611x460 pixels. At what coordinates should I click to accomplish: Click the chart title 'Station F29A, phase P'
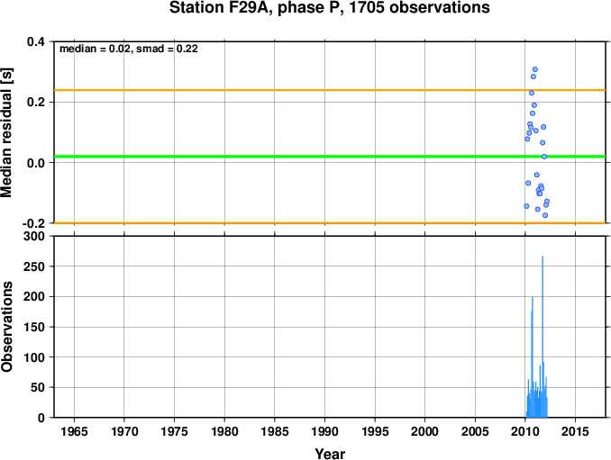pos(256,7)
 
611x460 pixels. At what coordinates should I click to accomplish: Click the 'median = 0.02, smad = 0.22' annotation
pos(129,49)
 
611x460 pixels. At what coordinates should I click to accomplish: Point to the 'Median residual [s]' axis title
pos(6,132)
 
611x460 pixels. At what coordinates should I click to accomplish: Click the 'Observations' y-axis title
pos(6,327)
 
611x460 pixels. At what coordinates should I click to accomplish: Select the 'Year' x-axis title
pos(330,454)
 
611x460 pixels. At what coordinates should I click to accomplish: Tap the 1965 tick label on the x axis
pos(74,431)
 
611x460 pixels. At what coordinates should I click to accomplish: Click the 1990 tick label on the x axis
pos(324,431)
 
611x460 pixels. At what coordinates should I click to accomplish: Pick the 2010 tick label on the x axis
pos(524,431)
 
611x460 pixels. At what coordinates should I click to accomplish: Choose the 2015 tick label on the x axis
pos(575,431)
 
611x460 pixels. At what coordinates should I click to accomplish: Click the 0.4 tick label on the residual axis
pos(36,41)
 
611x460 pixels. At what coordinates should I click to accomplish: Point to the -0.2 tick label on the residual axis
pos(33,223)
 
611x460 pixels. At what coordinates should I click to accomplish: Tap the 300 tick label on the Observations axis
pos(34,236)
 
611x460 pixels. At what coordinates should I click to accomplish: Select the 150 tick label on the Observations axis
pos(34,327)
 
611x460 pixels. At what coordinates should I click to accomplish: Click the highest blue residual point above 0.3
pos(535,69)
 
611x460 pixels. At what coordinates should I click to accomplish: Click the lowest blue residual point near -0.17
pos(545,215)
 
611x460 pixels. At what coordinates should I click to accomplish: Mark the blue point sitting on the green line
pos(544,157)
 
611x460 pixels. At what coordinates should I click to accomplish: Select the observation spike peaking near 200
pos(533,357)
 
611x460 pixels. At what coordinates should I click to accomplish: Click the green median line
pos(330,157)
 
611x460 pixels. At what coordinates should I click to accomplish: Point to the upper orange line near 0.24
pos(330,90)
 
